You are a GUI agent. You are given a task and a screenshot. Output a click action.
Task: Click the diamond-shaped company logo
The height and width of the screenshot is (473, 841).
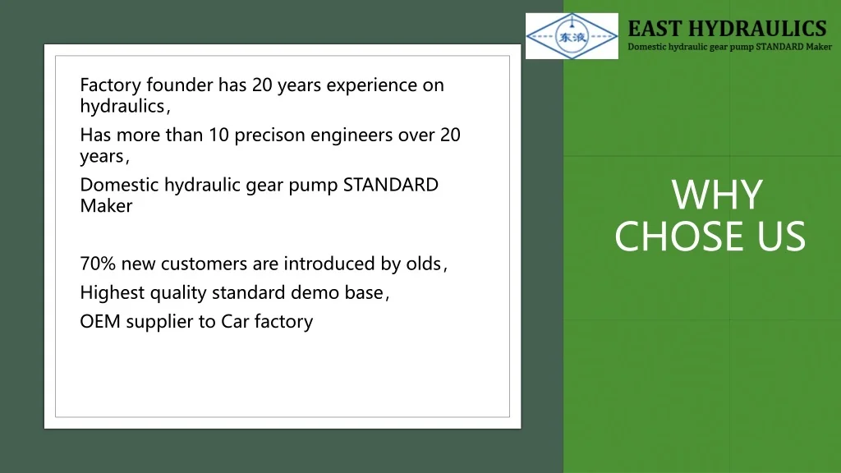pyautogui.click(x=572, y=36)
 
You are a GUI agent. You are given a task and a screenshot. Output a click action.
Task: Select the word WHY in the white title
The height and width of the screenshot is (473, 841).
pyautogui.click(x=717, y=195)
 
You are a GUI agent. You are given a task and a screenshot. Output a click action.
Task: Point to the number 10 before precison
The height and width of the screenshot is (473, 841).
pyautogui.click(x=218, y=135)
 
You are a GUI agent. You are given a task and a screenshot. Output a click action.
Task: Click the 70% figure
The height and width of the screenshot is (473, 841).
pyautogui.click(x=98, y=264)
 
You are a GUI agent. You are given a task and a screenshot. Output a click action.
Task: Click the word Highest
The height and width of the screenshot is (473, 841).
pyautogui.click(x=112, y=293)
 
